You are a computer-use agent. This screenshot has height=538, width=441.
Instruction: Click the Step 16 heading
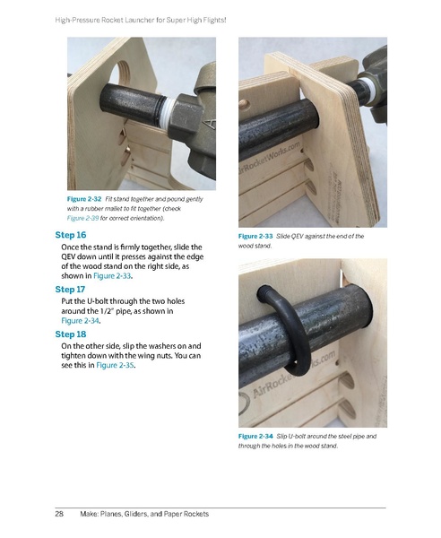click(x=71, y=235)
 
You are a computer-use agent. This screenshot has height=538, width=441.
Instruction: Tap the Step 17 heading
click(x=70, y=290)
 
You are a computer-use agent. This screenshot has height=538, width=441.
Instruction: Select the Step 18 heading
click(x=71, y=334)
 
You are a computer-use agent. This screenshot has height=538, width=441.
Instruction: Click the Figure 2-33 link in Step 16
click(x=112, y=276)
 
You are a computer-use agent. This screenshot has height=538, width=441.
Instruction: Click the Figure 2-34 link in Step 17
click(x=81, y=321)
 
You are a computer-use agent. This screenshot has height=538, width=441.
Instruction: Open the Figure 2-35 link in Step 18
click(x=115, y=365)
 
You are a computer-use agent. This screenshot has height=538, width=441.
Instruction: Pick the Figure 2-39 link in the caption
click(x=82, y=218)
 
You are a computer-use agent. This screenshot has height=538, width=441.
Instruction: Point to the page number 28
click(x=59, y=514)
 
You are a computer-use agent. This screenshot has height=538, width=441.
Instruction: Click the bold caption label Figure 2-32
click(x=84, y=199)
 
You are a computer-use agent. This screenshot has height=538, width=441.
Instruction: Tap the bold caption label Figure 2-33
click(x=255, y=236)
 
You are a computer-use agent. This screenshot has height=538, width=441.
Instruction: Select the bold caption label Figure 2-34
click(x=255, y=436)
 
